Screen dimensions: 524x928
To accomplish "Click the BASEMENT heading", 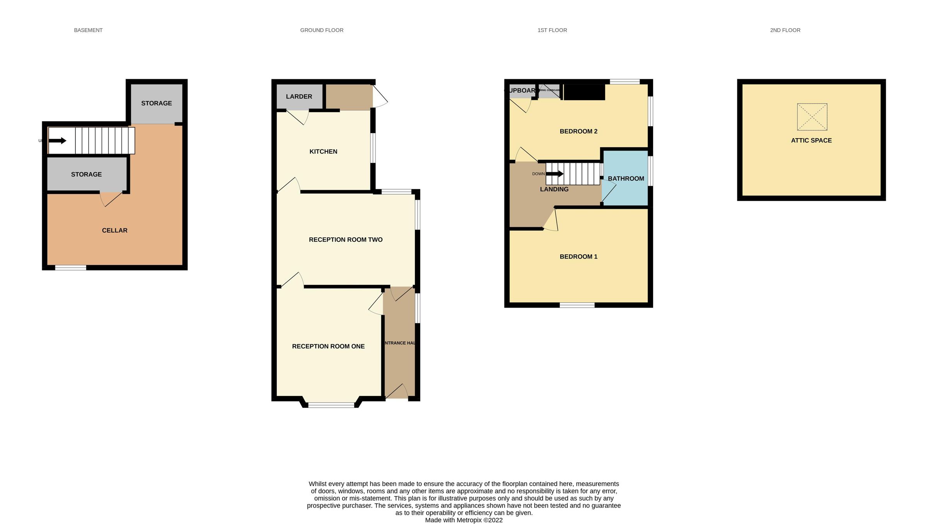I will point(88,30).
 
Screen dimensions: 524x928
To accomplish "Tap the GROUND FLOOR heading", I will point(322,30).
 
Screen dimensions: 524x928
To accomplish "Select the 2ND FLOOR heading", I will point(785,30).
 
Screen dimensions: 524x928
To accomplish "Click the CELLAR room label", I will point(114,230).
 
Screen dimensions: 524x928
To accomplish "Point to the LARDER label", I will point(299,96).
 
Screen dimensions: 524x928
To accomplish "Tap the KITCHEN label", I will point(323,151).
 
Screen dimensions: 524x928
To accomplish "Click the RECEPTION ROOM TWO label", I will point(346,240).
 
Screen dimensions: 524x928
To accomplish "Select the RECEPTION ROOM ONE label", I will point(328,346).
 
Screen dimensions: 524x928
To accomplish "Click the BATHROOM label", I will point(626,178).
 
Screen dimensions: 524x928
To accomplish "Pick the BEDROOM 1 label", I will point(578,257).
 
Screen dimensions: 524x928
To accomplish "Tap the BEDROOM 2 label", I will point(578,131).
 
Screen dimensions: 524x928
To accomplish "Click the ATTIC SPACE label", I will point(811,140).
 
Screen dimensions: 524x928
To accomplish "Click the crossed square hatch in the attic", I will point(812,117).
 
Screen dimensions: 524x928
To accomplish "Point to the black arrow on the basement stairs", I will point(57,140).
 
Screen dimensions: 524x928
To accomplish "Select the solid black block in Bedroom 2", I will point(584,92).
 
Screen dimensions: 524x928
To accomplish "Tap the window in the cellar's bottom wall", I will point(70,267).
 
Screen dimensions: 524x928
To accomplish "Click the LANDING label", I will point(554,189).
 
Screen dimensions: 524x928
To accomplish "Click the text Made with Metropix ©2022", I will point(464,520).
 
